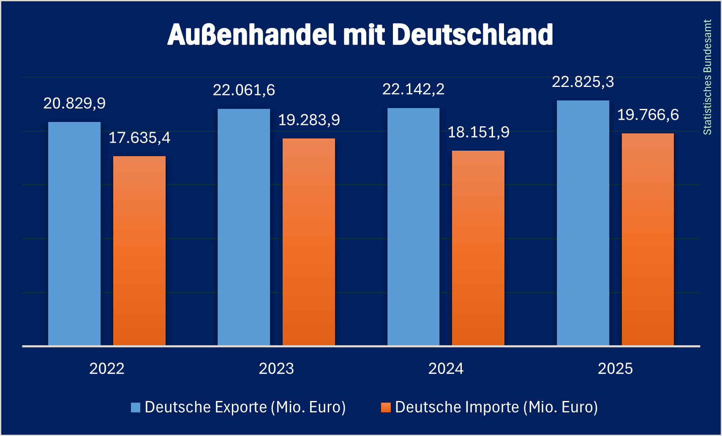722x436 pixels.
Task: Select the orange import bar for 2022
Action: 139,251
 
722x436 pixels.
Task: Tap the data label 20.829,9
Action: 74,103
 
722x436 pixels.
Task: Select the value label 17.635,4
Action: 139,138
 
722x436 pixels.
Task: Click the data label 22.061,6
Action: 244,90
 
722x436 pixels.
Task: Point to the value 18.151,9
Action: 478,133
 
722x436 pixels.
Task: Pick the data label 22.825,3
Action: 583,82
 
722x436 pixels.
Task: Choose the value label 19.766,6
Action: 648,115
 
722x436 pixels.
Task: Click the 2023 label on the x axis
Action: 276,369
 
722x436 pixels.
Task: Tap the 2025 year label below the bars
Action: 615,369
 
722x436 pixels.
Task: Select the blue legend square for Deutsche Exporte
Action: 136,407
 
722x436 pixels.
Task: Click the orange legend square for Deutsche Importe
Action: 386,407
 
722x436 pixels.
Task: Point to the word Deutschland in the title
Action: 472,35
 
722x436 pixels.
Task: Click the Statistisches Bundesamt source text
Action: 707,77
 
